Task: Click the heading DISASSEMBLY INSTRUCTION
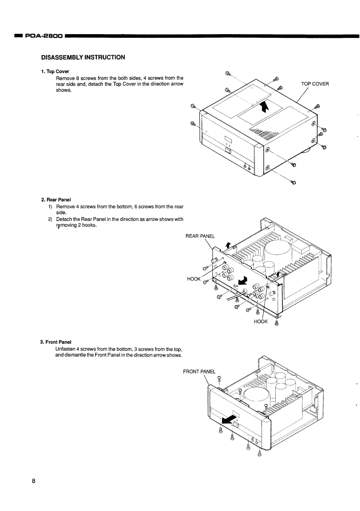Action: (x=83, y=57)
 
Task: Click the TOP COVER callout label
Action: (x=315, y=84)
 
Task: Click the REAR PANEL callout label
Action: (x=203, y=235)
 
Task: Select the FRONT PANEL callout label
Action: (x=199, y=371)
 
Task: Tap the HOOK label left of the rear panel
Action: (x=194, y=278)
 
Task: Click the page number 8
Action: (x=34, y=481)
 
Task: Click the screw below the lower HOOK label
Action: (x=277, y=324)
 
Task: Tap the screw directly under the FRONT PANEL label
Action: (x=219, y=378)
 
